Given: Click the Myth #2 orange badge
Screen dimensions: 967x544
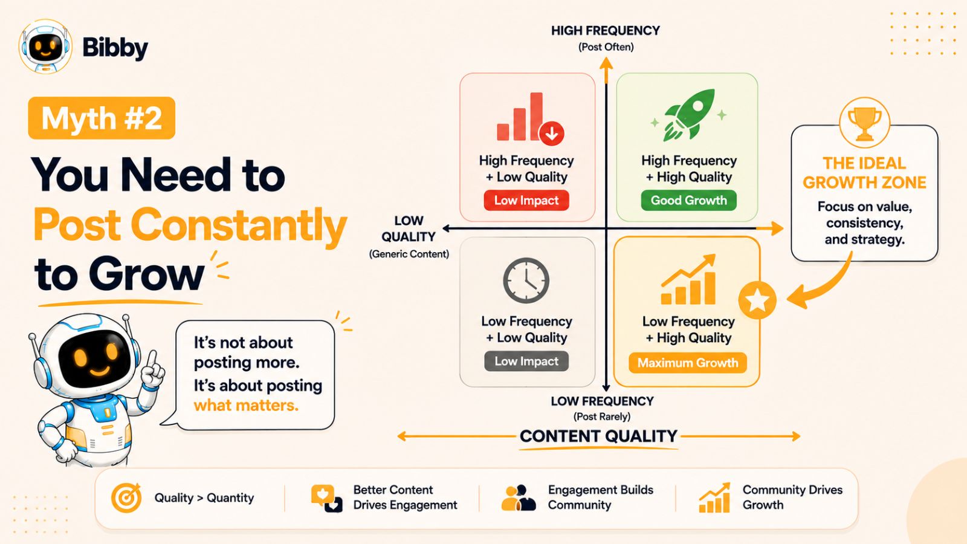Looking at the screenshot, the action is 102,118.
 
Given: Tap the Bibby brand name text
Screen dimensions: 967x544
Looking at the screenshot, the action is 115,48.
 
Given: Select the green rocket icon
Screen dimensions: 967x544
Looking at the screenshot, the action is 688,115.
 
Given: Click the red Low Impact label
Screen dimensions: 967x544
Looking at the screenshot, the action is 526,200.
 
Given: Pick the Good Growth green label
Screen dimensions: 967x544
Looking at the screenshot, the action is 688,200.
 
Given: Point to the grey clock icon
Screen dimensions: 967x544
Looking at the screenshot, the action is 526,280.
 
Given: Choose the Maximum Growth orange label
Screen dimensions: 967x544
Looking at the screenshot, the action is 688,363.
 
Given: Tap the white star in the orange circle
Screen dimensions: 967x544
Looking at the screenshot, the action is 757,300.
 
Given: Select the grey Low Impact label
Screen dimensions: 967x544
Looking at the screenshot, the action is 526,361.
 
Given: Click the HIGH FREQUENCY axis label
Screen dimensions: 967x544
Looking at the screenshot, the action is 605,31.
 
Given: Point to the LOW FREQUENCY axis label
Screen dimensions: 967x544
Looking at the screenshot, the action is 602,401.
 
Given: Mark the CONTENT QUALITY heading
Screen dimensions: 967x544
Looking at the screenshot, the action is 598,436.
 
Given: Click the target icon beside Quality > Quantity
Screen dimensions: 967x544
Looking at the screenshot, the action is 126,497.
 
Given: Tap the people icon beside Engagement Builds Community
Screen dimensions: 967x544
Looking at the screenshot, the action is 519,498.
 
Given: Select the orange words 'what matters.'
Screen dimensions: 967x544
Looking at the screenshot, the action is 246,406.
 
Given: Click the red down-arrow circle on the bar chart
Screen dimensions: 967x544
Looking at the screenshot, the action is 551,134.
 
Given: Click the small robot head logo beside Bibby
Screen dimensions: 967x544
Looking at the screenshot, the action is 45,47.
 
